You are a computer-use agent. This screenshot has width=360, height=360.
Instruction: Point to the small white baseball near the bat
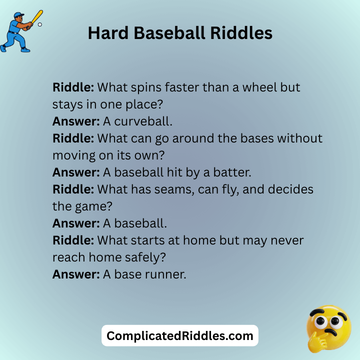pos(40,24)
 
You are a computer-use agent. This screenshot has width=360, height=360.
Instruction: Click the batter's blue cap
pos(18,15)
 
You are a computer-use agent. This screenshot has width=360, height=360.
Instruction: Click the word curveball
pos(143,120)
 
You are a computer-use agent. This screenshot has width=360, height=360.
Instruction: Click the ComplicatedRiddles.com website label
pos(180,336)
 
